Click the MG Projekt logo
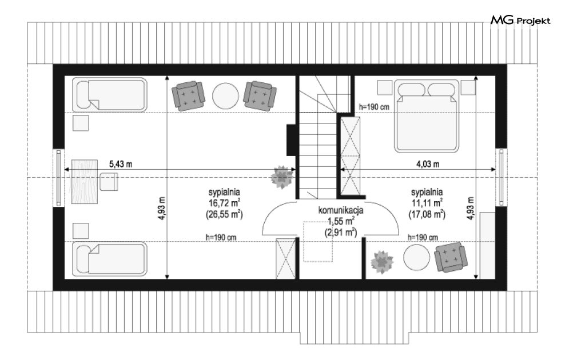tap(520, 21)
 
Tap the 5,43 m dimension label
tap(121, 164)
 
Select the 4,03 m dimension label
tap(428, 164)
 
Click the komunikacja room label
tap(341, 210)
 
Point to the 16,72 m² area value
tap(224, 203)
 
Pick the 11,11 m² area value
tap(427, 203)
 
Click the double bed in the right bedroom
tap(427, 116)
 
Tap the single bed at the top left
tap(110, 95)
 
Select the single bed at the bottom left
tap(110, 259)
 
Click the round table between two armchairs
tap(225, 96)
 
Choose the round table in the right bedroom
tap(416, 257)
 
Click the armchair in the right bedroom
tap(451, 257)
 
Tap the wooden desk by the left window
tap(85, 182)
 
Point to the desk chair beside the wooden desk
tap(109, 182)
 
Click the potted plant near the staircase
tap(282, 177)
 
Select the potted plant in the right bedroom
tap(382, 262)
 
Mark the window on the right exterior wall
tap(501, 178)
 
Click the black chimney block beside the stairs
tap(291, 140)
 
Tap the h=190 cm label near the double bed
tap(374, 107)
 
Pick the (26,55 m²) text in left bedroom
tap(224, 215)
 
